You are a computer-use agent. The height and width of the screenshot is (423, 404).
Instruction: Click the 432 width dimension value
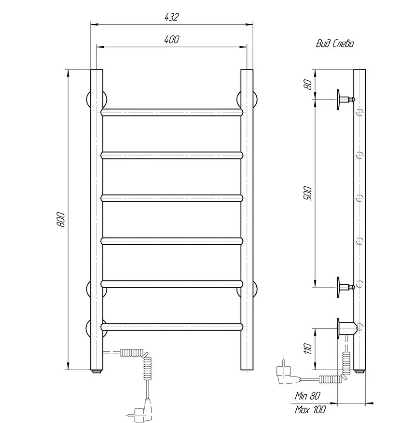(x=171, y=17)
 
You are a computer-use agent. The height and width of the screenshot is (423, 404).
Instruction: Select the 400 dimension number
(x=171, y=40)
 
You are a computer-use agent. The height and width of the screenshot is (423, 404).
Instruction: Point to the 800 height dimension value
(x=61, y=220)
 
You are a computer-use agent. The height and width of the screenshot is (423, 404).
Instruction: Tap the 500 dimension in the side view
(x=308, y=193)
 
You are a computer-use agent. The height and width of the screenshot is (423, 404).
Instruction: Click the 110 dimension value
(x=308, y=348)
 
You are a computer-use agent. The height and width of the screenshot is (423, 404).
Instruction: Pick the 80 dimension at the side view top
(x=308, y=85)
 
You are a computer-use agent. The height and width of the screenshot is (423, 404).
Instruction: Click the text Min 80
(x=307, y=396)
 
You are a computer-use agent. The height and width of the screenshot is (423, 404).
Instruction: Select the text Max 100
(x=310, y=409)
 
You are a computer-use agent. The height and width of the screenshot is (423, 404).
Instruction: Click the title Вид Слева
(x=335, y=43)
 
